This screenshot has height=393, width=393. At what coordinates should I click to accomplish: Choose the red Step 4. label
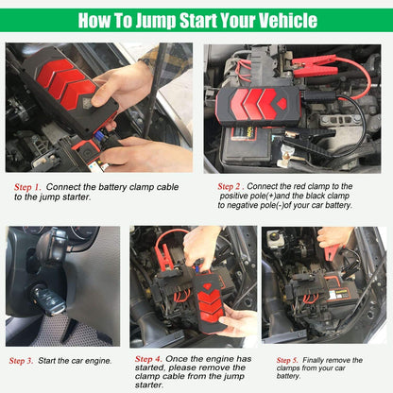(148, 359)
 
